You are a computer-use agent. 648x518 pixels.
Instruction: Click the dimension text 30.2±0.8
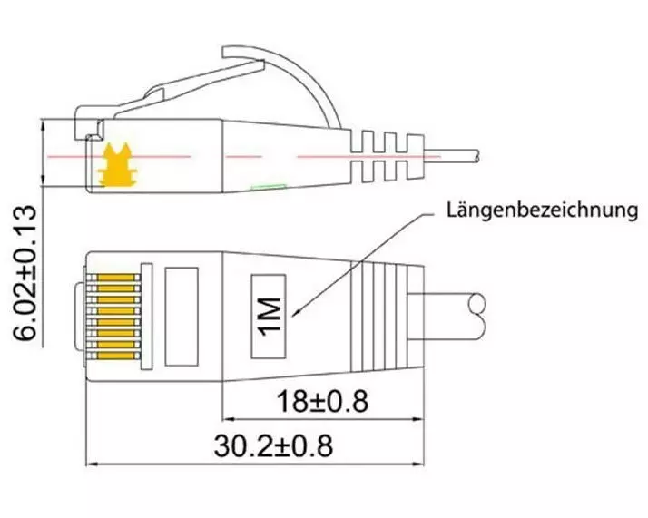273,446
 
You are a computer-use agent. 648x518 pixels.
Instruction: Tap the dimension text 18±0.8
322,401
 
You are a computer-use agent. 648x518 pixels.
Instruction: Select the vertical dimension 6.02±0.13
25,273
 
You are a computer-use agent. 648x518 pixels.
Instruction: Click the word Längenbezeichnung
542,210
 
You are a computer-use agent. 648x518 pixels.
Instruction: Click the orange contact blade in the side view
118,164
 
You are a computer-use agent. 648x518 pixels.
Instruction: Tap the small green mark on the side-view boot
269,187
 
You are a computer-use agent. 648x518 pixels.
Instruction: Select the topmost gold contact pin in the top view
116,278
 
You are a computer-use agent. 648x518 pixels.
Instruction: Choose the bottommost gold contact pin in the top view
116,357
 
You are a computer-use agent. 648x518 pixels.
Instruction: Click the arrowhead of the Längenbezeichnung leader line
295,314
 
